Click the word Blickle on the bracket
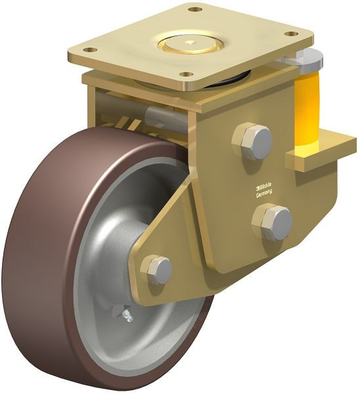(x=264, y=185)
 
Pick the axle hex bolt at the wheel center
(x=157, y=269)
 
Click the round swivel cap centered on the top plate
(x=188, y=44)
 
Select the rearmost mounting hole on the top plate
(x=194, y=10)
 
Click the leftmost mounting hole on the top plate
(x=91, y=49)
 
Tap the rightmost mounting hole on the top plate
(x=290, y=33)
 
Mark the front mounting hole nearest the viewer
(x=187, y=74)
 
